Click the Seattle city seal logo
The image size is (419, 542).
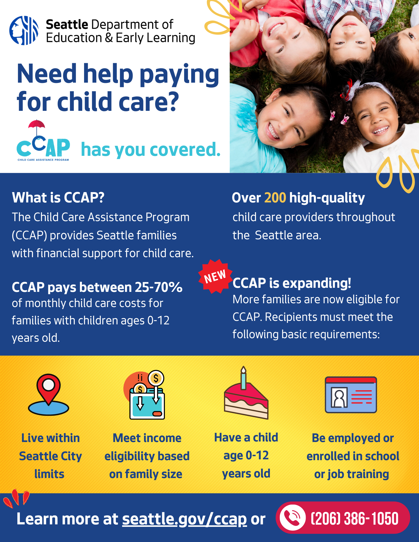tap(24, 30)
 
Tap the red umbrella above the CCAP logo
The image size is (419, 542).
tap(37, 125)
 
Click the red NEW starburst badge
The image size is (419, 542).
tap(215, 276)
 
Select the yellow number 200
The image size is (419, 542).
tap(275, 198)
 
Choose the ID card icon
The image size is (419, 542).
tap(351, 395)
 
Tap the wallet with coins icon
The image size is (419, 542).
tap(145, 395)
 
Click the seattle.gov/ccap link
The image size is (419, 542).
tap(184, 519)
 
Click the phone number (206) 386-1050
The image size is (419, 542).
tap(355, 518)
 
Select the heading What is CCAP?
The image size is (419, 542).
tap(58, 198)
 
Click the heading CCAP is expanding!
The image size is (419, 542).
tap(292, 283)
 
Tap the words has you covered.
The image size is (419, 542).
tap(151, 150)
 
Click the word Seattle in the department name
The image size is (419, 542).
tap(67, 24)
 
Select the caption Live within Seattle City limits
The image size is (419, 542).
tap(50, 456)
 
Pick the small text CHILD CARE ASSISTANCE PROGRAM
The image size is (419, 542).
tap(43, 160)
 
